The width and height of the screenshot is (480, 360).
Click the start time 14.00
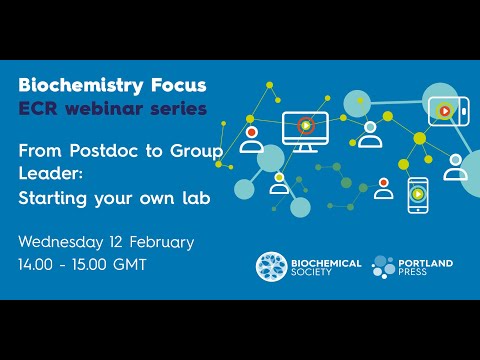[40, 265]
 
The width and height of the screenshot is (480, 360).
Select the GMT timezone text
[129, 265]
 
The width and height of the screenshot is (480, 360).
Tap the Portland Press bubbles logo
[385, 267]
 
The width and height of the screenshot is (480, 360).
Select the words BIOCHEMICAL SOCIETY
[325, 267]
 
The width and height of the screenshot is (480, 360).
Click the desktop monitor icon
[304, 129]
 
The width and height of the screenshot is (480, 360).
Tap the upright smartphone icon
[417, 194]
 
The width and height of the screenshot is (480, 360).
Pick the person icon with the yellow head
[280, 184]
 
